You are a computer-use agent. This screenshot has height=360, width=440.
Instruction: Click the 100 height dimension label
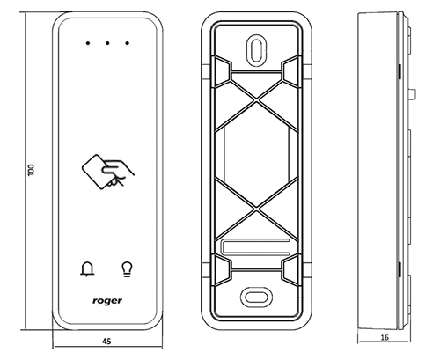(31, 170)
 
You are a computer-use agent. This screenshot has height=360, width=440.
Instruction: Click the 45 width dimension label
(106, 342)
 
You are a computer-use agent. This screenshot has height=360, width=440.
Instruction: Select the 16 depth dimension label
(385, 337)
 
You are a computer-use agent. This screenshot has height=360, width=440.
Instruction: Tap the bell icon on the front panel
(87, 268)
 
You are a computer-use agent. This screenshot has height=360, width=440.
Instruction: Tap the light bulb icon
(127, 269)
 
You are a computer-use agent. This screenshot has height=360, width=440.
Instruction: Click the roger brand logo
(107, 301)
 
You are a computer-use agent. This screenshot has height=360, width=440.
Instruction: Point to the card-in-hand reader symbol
(107, 172)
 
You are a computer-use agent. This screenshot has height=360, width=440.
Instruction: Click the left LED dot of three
(88, 43)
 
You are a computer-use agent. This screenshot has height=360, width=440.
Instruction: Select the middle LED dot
(107, 43)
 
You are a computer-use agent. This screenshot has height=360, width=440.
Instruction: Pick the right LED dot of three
(127, 43)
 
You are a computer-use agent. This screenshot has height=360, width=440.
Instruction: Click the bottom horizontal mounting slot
(256, 298)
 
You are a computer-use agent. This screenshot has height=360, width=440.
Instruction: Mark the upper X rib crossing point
(256, 99)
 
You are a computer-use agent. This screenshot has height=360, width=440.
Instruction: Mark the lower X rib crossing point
(256, 209)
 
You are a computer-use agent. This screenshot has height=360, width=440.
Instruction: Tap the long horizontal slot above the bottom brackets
(256, 246)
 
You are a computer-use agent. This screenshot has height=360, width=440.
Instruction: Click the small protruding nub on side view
(413, 94)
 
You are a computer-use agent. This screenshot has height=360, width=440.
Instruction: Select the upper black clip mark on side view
(400, 72)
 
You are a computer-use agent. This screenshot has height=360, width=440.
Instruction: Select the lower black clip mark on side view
(400, 270)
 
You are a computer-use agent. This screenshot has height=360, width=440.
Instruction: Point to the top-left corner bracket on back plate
(223, 71)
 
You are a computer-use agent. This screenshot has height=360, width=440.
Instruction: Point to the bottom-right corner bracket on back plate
(290, 270)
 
